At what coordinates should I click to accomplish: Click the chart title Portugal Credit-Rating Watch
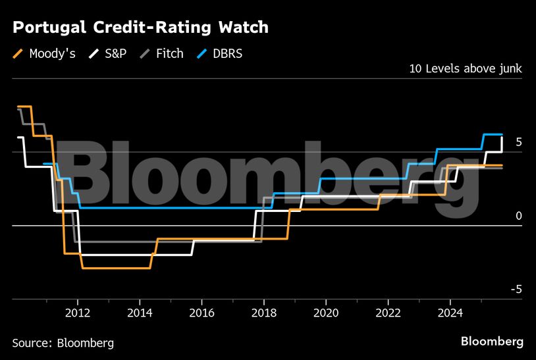coord(140,28)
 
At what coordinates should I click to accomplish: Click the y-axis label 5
coord(519,142)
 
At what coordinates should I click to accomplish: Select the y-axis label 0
coord(519,216)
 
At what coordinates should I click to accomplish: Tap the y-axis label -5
coord(517,290)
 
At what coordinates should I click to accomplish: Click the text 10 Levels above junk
coord(466,68)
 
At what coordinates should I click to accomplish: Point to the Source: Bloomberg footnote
coord(63,343)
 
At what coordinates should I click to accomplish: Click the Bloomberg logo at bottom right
coord(492,342)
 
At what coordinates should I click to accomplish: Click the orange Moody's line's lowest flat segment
coord(117,268)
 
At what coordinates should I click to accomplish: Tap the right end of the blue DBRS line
coord(502,134)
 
